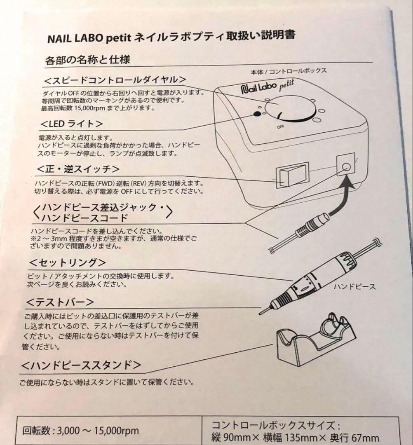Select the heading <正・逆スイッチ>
click(x=79, y=169)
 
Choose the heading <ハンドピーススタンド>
click(x=81, y=365)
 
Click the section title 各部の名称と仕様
click(x=87, y=60)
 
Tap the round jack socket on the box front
click(x=346, y=167)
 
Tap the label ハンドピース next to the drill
click(x=354, y=286)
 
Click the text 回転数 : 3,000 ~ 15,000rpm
click(x=81, y=431)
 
